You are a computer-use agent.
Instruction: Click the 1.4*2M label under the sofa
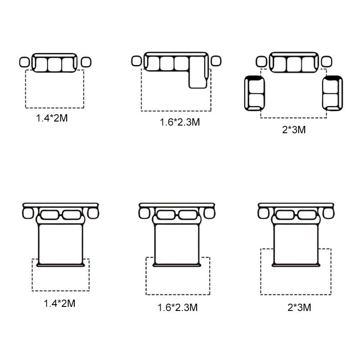(x=52, y=118)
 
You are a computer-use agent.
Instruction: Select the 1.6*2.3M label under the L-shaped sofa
(x=180, y=122)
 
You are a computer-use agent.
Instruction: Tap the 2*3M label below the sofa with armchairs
(x=294, y=130)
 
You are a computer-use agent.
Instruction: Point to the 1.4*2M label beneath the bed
(x=59, y=303)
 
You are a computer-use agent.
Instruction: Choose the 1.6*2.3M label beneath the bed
(x=177, y=308)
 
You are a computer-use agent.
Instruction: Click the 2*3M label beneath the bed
(x=299, y=308)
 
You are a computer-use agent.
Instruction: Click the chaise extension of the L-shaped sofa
(x=198, y=72)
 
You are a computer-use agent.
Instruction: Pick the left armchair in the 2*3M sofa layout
(x=255, y=93)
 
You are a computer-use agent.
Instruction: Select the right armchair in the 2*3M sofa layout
(x=333, y=93)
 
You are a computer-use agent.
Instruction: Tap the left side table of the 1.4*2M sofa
(x=25, y=62)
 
